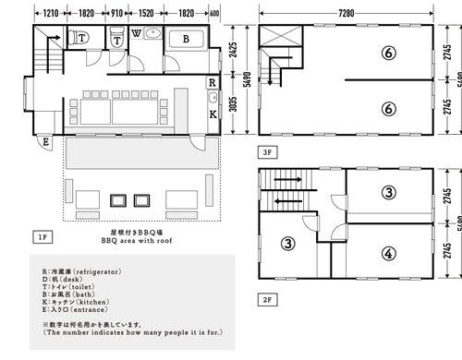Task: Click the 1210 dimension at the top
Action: pos(52,14)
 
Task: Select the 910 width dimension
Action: pos(117,14)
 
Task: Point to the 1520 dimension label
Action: pos(147,14)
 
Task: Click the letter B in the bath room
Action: pos(186,39)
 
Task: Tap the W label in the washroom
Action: pos(137,34)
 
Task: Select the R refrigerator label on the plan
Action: pos(213,82)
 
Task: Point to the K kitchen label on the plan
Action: pos(213,114)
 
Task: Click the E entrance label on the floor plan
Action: pos(45,142)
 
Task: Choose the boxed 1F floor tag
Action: pos(42,237)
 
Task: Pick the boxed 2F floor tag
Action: pos(266,299)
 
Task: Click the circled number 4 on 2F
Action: pos(388,252)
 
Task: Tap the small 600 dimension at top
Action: pos(214,14)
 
